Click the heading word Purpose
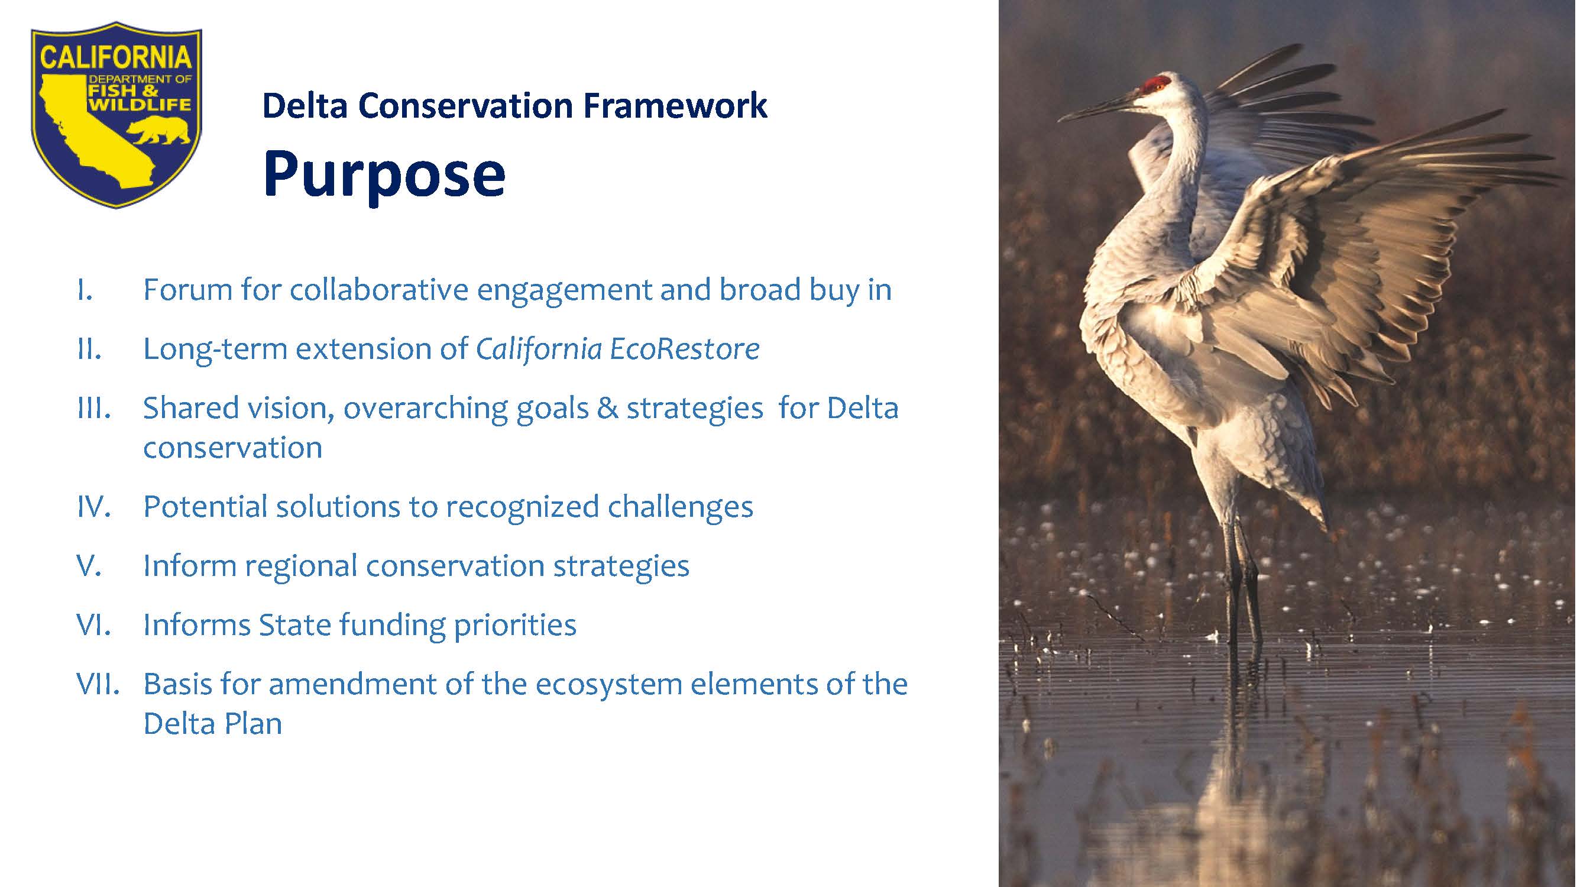click(x=384, y=176)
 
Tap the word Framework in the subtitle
click(x=675, y=105)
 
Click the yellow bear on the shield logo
click(x=159, y=130)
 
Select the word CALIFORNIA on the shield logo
click(x=116, y=59)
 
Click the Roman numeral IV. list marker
click(x=93, y=507)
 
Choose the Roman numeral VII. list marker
click(x=98, y=684)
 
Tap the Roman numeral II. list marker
click(x=89, y=349)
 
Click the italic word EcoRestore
click(x=684, y=349)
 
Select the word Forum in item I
click(x=187, y=290)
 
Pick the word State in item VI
click(x=294, y=625)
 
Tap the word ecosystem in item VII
click(x=609, y=685)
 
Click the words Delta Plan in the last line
click(x=212, y=724)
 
